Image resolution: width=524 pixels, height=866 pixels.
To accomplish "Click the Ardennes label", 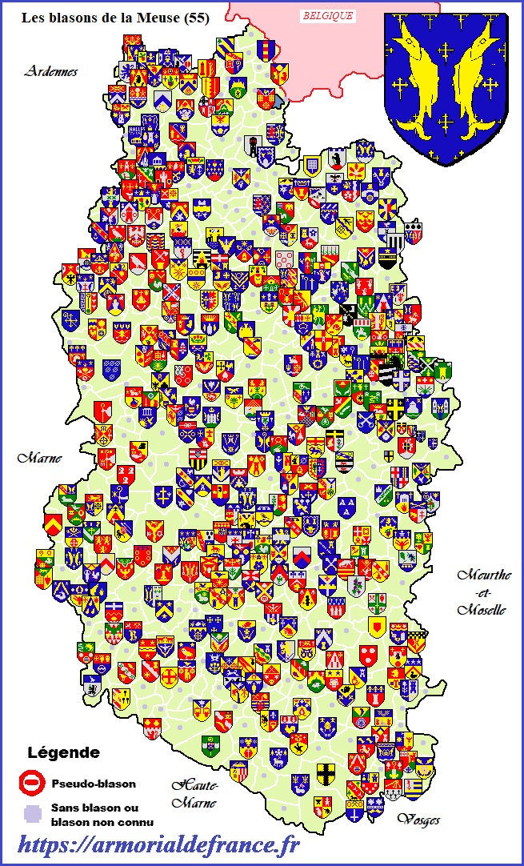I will pyautogui.click(x=50, y=71).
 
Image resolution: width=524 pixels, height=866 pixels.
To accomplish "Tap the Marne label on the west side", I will pyautogui.click(x=39, y=458).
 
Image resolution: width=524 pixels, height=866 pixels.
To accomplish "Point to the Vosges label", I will pyautogui.click(x=418, y=820).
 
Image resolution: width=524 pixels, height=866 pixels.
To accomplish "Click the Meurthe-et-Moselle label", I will pyautogui.click(x=482, y=592).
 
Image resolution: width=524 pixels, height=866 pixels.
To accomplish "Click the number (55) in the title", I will pyautogui.click(x=196, y=18).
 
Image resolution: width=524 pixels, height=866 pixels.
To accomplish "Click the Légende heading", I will pyautogui.click(x=63, y=752).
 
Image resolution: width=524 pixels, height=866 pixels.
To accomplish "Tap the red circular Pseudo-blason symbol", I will pyautogui.click(x=30, y=782).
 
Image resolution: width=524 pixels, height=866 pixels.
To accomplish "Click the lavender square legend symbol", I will pyautogui.click(x=30, y=814).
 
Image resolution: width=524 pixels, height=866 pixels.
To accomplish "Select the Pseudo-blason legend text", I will pyautogui.click(x=93, y=784).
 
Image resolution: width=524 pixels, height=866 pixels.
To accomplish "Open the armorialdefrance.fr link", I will pyautogui.click(x=158, y=844).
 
